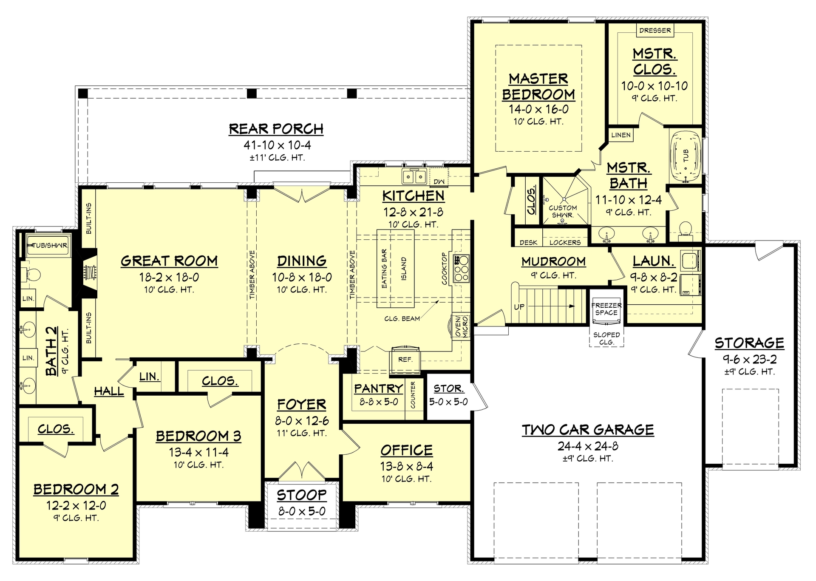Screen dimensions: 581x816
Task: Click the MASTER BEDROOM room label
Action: (538, 87)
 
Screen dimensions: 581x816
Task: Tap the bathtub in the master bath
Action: (685, 157)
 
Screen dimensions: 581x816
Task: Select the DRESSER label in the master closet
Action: (655, 31)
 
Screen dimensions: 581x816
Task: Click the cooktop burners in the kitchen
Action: (462, 268)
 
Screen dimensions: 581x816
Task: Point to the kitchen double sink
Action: (414, 176)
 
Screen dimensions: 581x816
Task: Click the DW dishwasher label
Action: (439, 181)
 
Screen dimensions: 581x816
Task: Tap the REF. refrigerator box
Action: (405, 360)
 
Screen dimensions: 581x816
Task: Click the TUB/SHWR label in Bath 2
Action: (50, 245)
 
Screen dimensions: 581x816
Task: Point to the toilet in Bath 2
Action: (32, 275)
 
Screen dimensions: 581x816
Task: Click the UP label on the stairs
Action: (519, 306)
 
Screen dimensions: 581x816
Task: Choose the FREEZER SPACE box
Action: (606, 309)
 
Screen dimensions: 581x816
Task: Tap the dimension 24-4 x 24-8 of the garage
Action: (588, 446)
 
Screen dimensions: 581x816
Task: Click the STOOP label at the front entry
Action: (302, 495)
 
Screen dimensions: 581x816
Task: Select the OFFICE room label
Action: (406, 450)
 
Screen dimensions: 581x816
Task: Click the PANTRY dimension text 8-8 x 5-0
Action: (379, 402)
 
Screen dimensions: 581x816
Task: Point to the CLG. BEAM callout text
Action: (402, 318)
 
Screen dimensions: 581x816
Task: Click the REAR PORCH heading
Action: (276, 129)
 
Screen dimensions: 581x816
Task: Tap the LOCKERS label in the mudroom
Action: (565, 243)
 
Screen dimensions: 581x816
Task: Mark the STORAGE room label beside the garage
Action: (749, 343)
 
